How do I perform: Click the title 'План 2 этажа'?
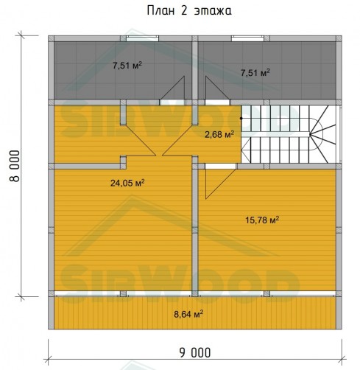point(189,11)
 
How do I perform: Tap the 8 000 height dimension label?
point(15,166)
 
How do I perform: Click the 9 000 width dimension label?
point(195,353)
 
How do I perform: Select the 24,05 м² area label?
point(127,183)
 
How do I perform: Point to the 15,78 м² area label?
point(262,220)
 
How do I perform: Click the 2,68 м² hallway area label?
point(219,134)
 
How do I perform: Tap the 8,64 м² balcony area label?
point(188,314)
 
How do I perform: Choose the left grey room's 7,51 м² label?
point(127,66)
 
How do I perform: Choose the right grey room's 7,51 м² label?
point(255,73)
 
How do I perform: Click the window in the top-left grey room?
point(142,38)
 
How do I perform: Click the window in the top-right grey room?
point(248,38)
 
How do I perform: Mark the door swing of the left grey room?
point(172,88)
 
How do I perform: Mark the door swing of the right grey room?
point(217,88)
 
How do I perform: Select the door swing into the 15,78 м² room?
point(221,181)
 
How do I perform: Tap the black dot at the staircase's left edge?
point(241,119)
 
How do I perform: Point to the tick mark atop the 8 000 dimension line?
point(21,35)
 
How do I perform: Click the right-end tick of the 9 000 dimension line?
point(342,360)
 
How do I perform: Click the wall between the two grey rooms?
point(195,71)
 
